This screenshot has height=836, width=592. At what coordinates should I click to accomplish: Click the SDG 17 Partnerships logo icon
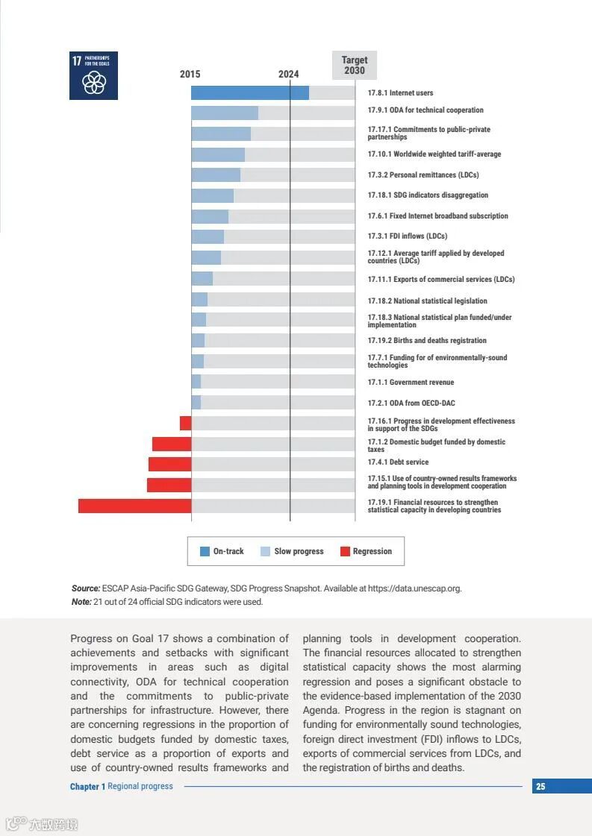(93, 75)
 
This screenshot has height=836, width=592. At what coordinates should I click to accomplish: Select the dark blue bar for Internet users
(249, 93)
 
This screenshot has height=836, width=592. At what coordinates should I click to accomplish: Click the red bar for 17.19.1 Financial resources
(134, 506)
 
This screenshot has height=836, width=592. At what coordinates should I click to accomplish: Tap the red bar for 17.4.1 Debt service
(169, 464)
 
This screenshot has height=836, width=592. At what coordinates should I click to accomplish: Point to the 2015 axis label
(190, 74)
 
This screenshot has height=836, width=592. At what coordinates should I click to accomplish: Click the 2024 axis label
(289, 74)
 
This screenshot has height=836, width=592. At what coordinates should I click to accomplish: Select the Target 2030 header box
(355, 65)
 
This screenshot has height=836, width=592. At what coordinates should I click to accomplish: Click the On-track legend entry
(222, 551)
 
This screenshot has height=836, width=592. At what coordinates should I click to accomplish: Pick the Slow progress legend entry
(292, 551)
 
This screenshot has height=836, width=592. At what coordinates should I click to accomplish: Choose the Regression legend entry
(366, 551)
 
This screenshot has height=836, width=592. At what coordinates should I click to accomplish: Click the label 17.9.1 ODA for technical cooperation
(425, 110)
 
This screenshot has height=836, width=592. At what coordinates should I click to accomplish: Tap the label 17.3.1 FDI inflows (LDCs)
(407, 236)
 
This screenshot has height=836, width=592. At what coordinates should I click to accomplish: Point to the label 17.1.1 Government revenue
(411, 383)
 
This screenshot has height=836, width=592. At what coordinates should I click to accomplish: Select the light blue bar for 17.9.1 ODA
(224, 113)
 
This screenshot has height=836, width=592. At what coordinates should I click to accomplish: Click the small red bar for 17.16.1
(185, 423)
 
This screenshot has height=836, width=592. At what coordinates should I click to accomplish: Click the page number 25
(540, 786)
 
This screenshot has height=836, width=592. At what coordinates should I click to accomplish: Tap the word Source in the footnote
(85, 588)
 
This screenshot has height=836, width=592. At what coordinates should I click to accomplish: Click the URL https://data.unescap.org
(412, 588)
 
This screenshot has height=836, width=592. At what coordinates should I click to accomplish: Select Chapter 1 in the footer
(87, 786)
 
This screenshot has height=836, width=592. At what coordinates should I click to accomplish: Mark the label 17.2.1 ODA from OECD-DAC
(411, 403)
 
